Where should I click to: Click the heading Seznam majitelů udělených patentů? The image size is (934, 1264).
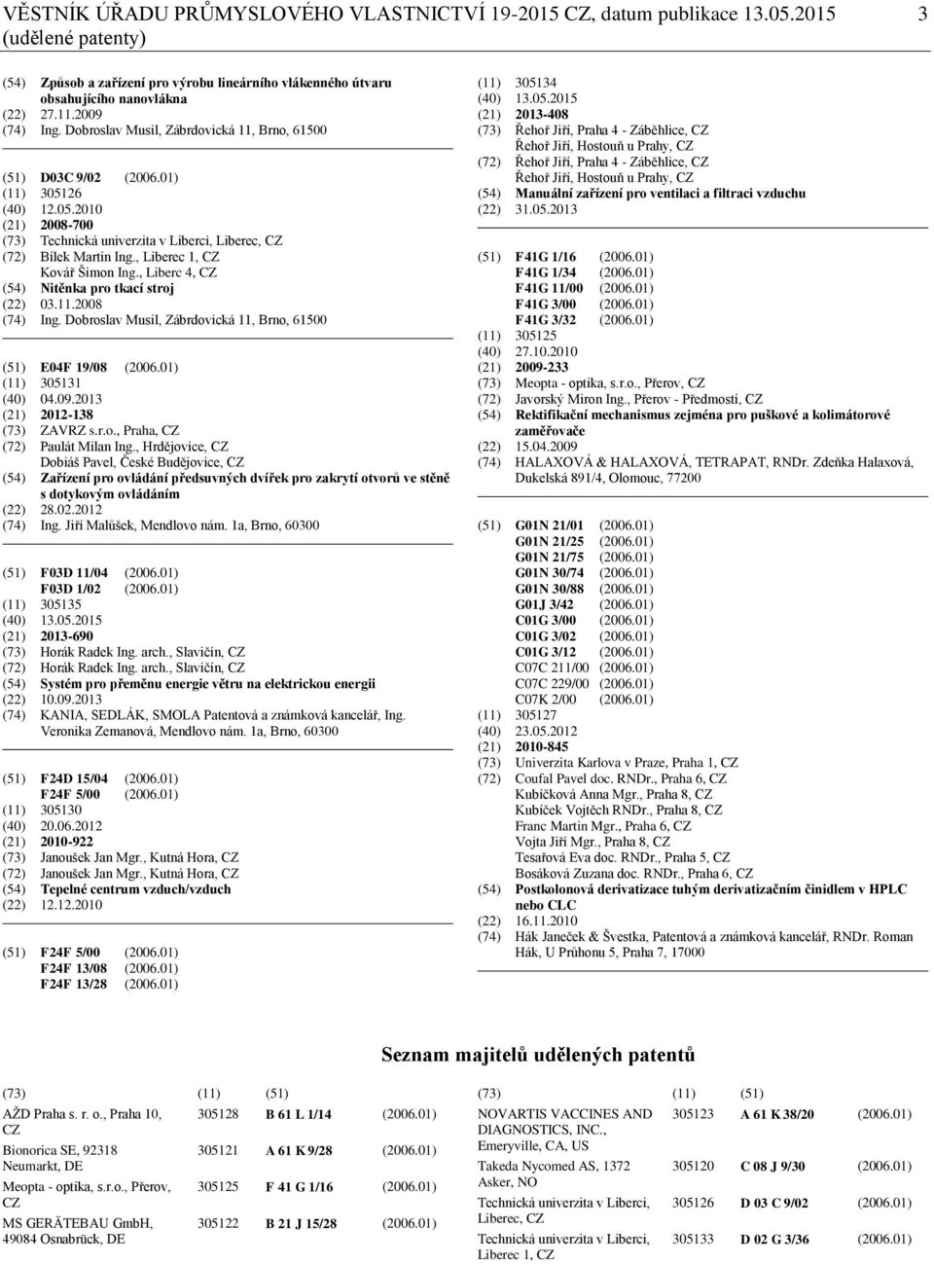pos(538,1055)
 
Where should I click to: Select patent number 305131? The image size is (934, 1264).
pos(60,382)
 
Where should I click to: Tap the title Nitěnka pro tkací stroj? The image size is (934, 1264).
pos(107,288)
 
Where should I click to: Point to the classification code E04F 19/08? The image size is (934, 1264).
pos(74,367)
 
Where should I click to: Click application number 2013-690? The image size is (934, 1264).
pos(67,636)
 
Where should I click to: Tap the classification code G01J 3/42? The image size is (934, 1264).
pos(544,604)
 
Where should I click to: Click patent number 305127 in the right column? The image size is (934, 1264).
pos(536,715)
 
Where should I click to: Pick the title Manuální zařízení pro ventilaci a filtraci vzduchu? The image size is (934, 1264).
pos(660,194)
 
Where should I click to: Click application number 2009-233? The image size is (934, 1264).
pos(542,367)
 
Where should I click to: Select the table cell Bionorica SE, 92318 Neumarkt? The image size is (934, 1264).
pos(60,1157)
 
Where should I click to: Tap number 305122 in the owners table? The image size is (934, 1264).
pos(218,1223)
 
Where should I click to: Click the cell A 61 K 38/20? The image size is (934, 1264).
pos(777,1115)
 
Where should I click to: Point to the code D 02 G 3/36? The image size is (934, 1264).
pos(774,1240)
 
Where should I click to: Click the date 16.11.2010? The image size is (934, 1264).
pos(546,921)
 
